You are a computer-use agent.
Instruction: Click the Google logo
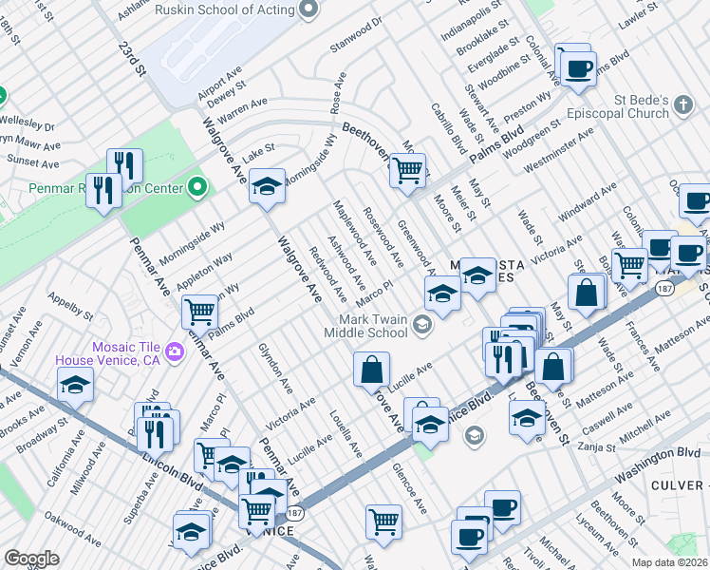point(31,559)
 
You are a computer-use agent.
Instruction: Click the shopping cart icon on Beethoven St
point(407,172)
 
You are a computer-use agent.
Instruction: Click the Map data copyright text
point(669,562)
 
